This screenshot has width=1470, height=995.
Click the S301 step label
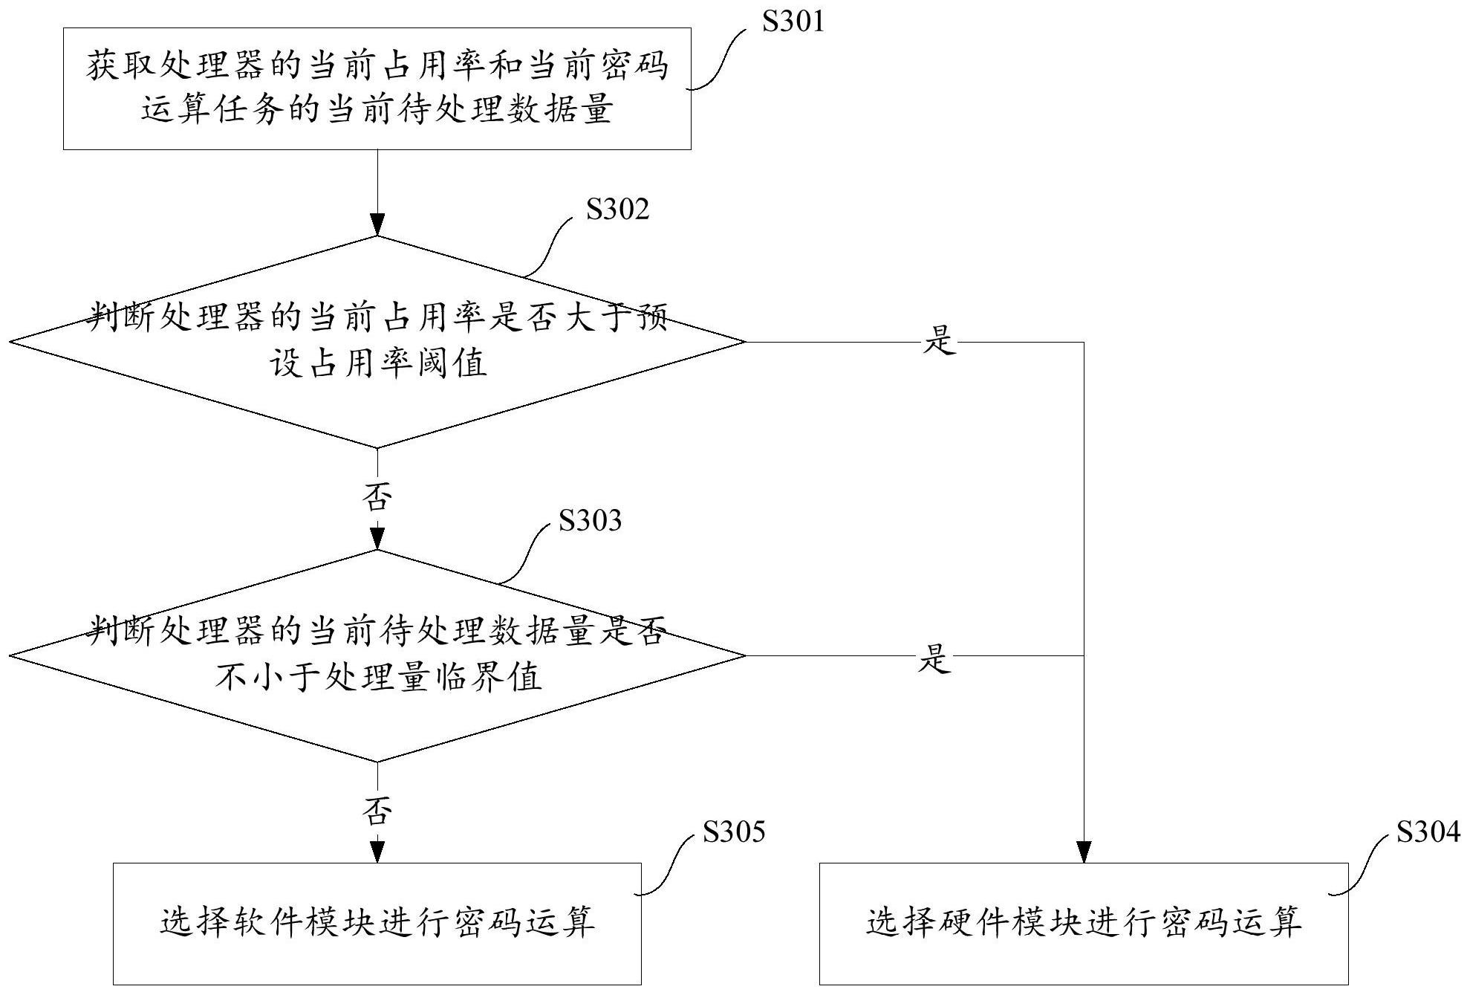click(793, 22)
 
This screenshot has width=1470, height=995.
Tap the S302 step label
click(617, 210)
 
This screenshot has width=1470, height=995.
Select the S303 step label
click(590, 520)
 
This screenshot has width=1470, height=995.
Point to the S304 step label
click(1428, 832)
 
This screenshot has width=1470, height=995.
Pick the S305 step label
click(734, 832)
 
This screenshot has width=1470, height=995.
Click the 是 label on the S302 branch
click(939, 342)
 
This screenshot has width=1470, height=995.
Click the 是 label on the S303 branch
click(934, 658)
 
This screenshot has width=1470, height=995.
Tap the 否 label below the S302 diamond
click(377, 496)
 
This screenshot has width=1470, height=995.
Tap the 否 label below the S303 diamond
click(377, 811)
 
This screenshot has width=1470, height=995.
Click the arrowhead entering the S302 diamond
click(377, 224)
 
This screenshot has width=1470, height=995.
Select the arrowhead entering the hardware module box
click(1084, 852)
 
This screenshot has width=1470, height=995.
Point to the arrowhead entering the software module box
click(377, 852)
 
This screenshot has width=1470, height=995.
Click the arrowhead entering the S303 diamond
click(377, 539)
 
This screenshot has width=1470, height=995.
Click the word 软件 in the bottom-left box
click(259, 922)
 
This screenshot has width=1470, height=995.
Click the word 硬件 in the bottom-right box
click(966, 922)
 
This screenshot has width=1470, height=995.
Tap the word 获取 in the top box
click(121, 66)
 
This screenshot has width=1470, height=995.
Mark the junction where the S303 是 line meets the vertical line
click(1084, 656)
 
